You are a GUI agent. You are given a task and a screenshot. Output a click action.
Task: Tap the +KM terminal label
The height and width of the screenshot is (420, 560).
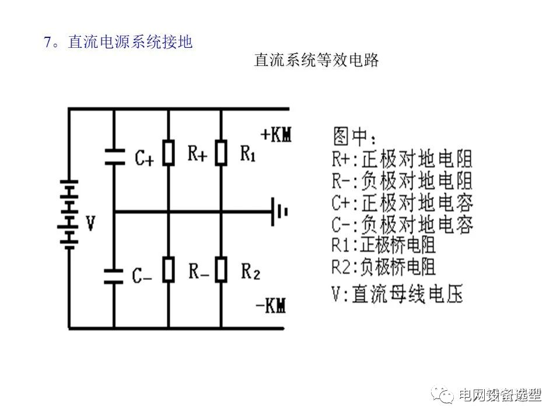[x=275, y=135]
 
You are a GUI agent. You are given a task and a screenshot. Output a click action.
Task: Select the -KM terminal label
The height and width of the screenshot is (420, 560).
[x=271, y=305]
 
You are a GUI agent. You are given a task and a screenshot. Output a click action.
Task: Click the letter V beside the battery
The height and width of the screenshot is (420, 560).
[x=90, y=223]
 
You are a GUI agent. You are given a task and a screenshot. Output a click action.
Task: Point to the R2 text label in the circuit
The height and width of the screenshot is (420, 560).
[x=250, y=271]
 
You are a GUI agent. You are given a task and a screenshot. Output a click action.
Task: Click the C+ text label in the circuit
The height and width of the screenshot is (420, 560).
[x=143, y=157]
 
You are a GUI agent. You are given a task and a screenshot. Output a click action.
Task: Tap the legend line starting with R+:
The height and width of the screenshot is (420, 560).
[x=402, y=159]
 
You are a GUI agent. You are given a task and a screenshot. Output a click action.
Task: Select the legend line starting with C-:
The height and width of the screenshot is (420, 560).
[x=402, y=224]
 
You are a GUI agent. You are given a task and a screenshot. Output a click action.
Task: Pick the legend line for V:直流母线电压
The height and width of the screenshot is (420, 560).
[x=397, y=293]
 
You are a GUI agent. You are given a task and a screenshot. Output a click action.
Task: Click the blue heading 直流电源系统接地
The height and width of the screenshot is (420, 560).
[x=129, y=43]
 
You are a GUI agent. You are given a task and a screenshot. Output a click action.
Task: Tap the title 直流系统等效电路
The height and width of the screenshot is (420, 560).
[x=317, y=60]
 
